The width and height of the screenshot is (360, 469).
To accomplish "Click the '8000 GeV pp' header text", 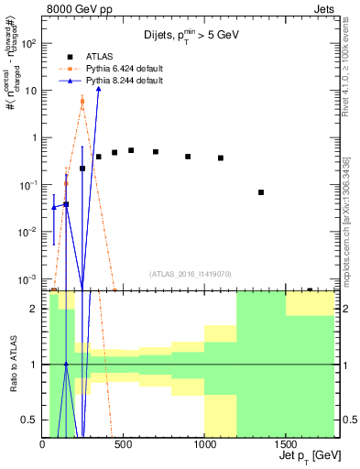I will coord(38,7).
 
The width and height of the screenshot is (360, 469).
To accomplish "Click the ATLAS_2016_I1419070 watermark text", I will coord(191,273).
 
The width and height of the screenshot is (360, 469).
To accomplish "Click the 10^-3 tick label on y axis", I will coord(28,278).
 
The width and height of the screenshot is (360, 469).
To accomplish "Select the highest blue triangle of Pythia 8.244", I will coord(98,88).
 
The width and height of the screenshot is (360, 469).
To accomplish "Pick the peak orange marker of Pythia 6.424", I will coord(82,102).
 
